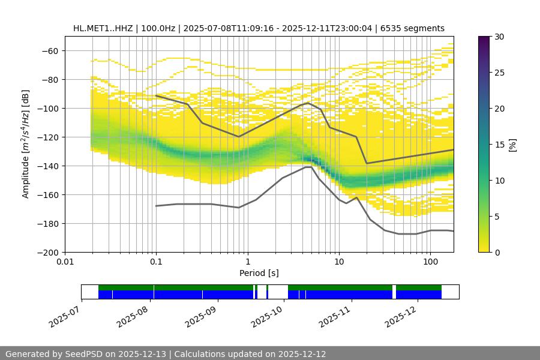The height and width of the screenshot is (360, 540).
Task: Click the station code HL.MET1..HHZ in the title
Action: coord(104,28)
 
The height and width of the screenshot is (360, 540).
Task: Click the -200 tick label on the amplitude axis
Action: coord(50,252)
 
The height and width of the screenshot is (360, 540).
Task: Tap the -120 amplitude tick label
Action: coord(50,137)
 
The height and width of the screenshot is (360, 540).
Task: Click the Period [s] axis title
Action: coord(259,273)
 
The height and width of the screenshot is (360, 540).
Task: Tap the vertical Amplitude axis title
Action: coord(26,144)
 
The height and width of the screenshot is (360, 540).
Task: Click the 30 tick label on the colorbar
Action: coord(499,37)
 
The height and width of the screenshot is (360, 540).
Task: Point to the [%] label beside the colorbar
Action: coord(513,145)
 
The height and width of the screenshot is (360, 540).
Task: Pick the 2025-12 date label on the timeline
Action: coord(400,315)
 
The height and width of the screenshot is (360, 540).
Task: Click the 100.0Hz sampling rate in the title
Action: coord(159,28)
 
